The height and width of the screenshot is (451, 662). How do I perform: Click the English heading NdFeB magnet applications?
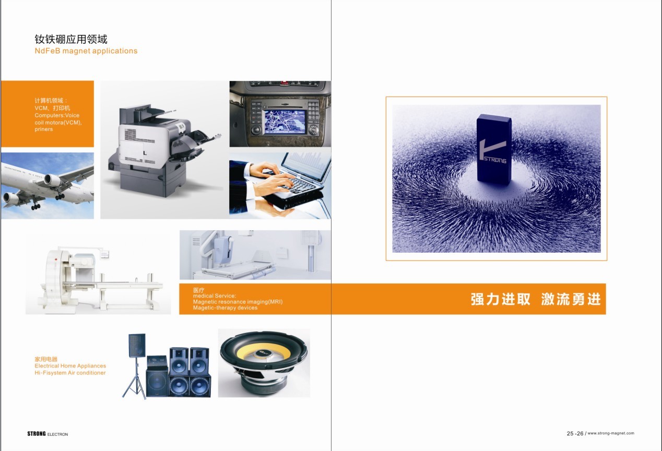(x=86, y=51)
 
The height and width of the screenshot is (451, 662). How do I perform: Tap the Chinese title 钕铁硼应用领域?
(x=71, y=39)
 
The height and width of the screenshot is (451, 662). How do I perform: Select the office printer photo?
(x=164, y=150)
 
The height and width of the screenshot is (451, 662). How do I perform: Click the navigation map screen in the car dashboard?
(x=285, y=122)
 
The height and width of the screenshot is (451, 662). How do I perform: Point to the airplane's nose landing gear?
(x=36, y=205)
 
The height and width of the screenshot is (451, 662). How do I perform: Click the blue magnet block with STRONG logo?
(x=494, y=149)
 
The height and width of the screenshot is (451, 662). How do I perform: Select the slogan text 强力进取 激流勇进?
(x=536, y=299)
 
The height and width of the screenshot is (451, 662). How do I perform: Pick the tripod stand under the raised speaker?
(x=135, y=378)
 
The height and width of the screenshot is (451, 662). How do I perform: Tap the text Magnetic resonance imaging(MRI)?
(x=238, y=302)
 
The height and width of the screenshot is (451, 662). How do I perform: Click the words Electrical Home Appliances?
(x=70, y=366)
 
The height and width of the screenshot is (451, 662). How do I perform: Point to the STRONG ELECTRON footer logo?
(x=48, y=434)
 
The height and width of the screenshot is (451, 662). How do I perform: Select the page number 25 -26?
(x=575, y=434)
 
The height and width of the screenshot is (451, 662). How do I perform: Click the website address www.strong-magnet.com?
(x=611, y=433)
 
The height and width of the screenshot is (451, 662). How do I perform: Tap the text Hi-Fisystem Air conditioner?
(x=70, y=373)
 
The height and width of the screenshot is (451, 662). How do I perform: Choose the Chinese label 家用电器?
(x=46, y=359)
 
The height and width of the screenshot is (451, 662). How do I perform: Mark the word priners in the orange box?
(x=44, y=129)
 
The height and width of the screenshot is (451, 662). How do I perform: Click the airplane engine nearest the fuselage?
(x=52, y=180)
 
